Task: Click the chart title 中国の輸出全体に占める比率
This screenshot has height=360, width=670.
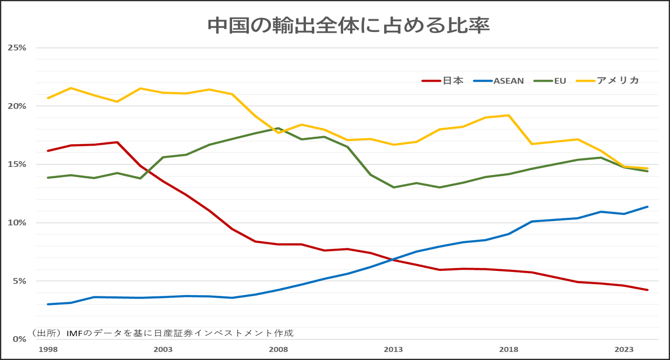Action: click(x=348, y=26)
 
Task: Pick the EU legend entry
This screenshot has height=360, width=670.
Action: click(x=554, y=81)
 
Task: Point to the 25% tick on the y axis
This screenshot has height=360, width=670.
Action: click(x=17, y=47)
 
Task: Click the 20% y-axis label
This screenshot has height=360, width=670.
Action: click(x=17, y=106)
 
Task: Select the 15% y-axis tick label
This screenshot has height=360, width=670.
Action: click(x=17, y=164)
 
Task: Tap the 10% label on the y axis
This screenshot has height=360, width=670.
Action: click(x=17, y=223)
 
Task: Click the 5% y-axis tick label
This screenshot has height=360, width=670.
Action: click(x=19, y=281)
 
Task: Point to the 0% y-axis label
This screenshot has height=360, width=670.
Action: click(x=19, y=339)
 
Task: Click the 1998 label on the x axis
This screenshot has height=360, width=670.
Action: click(x=48, y=350)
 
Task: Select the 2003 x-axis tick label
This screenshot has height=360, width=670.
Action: click(x=163, y=350)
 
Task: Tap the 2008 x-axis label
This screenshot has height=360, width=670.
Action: click(x=278, y=350)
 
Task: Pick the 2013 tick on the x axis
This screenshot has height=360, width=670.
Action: click(x=394, y=350)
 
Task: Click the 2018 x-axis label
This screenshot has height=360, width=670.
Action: click(x=509, y=350)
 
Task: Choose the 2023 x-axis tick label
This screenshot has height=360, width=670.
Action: click(x=624, y=350)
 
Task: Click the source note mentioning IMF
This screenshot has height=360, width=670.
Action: click(x=163, y=333)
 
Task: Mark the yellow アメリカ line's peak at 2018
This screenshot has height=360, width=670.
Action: click(x=509, y=115)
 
